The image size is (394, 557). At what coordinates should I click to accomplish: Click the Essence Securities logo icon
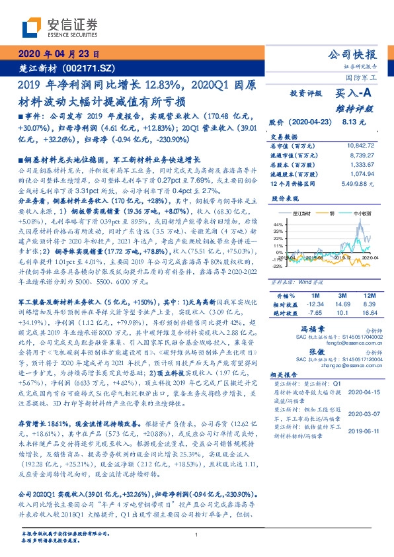31,28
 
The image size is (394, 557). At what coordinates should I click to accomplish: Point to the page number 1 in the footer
197,535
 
